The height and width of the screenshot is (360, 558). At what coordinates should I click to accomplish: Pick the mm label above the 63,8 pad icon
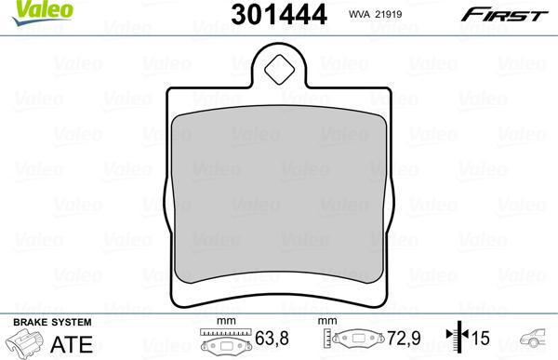[x=223, y=321]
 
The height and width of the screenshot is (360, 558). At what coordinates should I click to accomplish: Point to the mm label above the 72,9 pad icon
[x=326, y=321]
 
